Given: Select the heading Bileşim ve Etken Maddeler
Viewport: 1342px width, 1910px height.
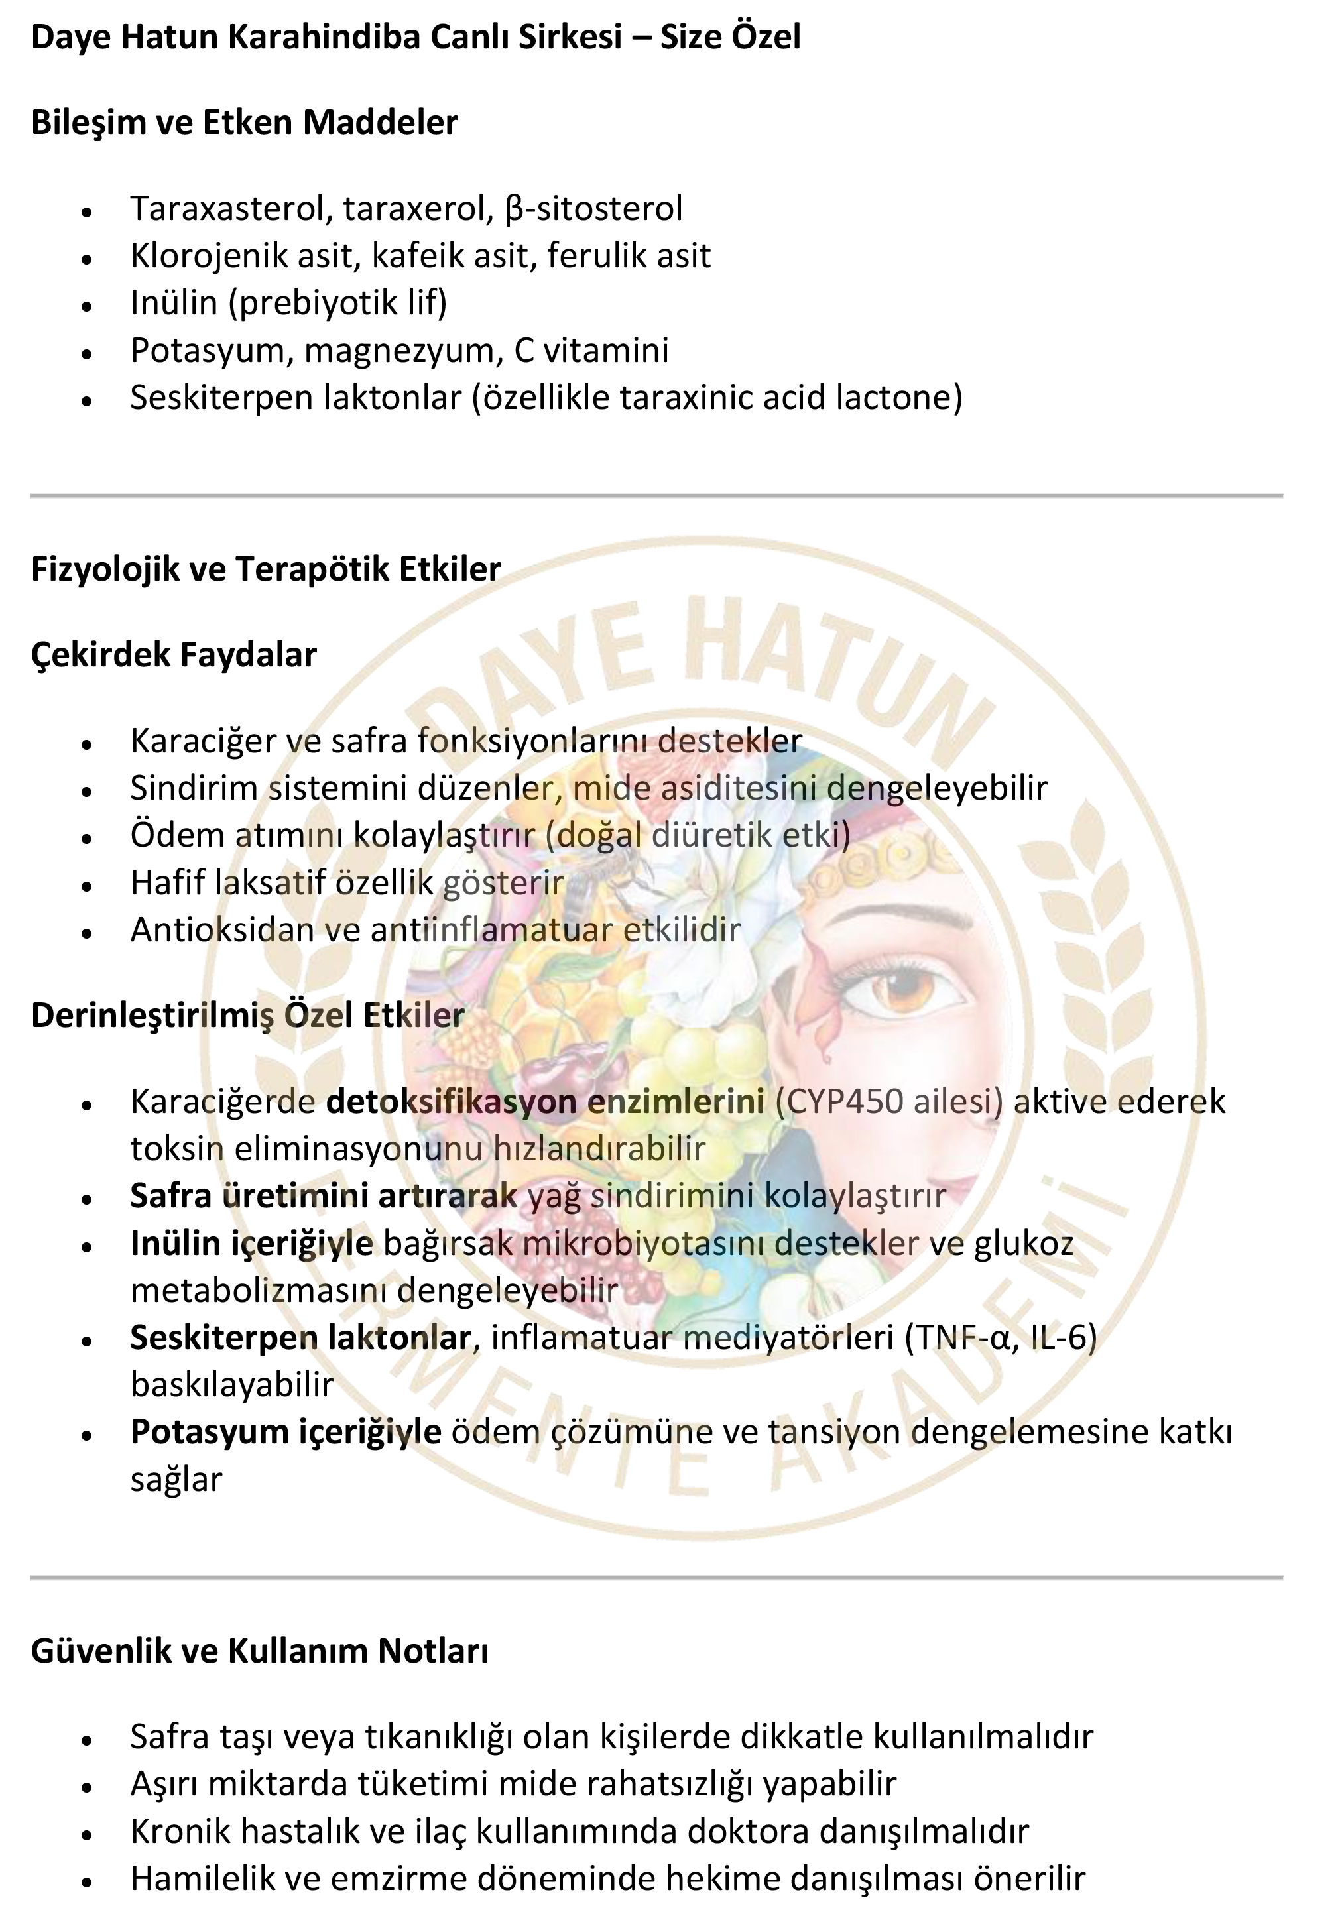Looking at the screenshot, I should point(244,122).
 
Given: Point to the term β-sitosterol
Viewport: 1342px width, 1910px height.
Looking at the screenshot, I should point(593,208).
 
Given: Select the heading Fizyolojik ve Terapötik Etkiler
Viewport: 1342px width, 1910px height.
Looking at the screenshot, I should point(265,569).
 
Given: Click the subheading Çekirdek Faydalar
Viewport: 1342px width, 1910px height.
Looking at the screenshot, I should point(173,655).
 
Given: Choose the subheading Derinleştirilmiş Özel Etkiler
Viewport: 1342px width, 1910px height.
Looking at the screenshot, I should point(247,1016).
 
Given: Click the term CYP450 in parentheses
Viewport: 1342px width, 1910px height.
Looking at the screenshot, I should point(839,1101).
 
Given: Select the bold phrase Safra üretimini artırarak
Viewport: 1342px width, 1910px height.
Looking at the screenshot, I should point(324,1196).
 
